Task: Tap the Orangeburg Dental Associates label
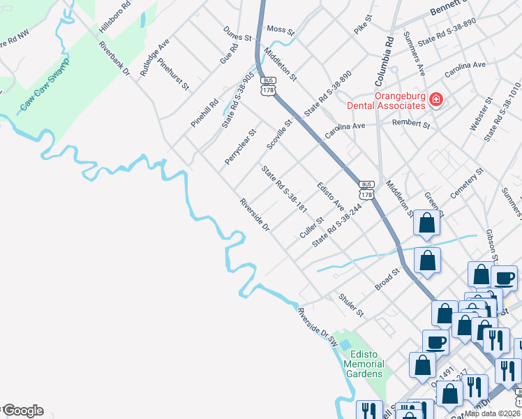tap(390, 101)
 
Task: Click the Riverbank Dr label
tap(115, 62)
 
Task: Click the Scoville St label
tap(279, 135)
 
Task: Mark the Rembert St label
tap(411, 125)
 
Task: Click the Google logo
tap(23, 411)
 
